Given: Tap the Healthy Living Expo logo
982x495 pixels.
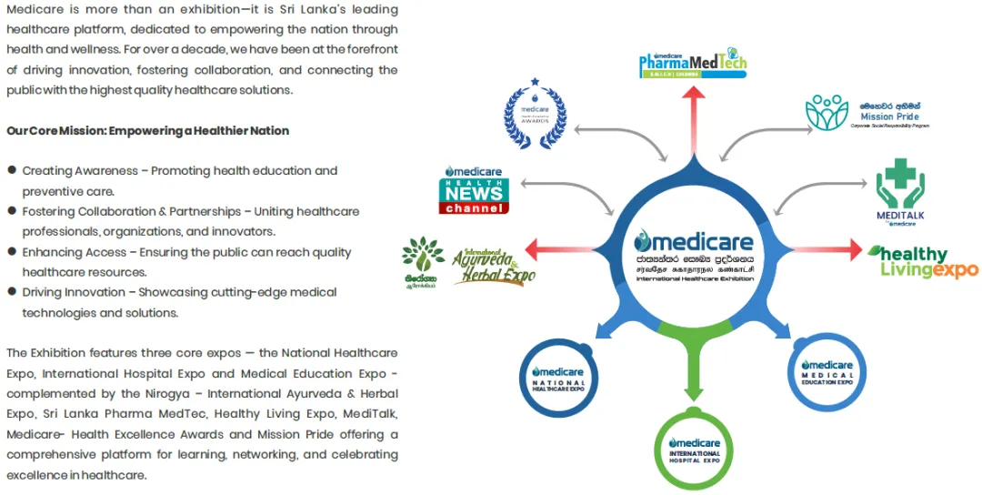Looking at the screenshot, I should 922,261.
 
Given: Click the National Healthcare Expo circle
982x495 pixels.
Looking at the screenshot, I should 558,378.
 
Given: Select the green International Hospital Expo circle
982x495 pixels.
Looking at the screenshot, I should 694,448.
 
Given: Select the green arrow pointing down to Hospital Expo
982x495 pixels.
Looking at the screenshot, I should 694,373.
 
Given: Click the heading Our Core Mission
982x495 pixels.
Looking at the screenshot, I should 147,131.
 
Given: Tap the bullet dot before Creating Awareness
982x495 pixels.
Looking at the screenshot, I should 12,170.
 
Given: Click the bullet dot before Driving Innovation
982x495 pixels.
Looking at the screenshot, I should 12,292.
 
